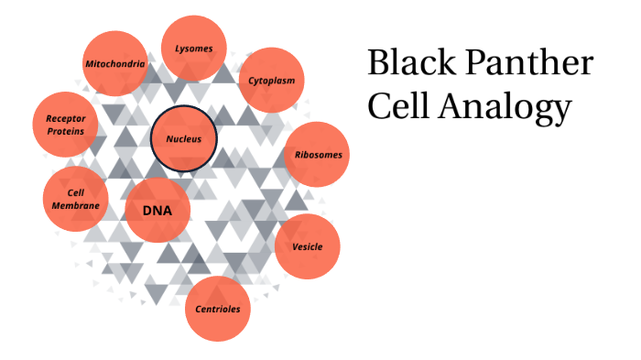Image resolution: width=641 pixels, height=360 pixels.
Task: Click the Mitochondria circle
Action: [x=114, y=64]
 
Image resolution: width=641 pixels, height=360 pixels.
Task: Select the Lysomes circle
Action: [x=194, y=48]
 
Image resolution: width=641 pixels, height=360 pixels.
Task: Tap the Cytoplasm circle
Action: [x=272, y=81]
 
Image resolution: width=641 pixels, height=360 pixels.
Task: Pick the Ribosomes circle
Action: [x=318, y=154]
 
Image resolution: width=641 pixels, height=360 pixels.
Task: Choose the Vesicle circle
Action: [x=307, y=247]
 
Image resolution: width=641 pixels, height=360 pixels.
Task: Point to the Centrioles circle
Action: [x=218, y=309]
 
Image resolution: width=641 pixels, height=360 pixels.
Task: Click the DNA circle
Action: [x=158, y=211]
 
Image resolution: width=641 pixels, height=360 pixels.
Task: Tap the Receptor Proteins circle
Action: [x=65, y=125]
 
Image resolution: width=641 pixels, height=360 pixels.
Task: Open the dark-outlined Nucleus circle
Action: [x=184, y=139]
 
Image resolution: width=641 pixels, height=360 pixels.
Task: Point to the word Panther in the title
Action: [x=526, y=65]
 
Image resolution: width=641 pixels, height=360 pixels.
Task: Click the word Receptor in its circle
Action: [x=65, y=118]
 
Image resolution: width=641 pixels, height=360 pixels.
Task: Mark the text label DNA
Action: [x=158, y=211]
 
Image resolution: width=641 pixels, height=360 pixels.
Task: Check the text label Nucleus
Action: [x=184, y=139]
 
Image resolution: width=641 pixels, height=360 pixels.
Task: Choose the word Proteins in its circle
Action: [x=65, y=131]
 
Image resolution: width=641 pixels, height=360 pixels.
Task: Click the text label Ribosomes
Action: [x=318, y=154]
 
